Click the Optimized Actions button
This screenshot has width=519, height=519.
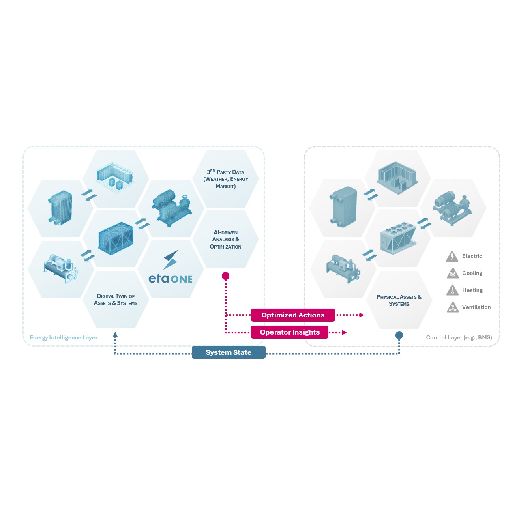coord(293,315)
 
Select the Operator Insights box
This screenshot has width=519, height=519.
coord(290,332)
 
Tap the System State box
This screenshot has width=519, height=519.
coord(228,352)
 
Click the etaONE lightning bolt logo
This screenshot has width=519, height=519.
coord(171,260)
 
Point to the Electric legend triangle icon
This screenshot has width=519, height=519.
coord(452,257)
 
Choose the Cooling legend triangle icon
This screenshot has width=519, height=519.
coord(453,274)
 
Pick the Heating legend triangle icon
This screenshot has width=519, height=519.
coord(453,291)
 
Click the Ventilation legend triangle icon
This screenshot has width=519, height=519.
coord(453,308)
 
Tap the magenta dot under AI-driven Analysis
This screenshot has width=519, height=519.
coord(226,276)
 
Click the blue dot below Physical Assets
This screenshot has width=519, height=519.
coord(399,335)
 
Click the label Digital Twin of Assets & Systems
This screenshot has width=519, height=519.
coord(116,300)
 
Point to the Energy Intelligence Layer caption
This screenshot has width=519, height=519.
coord(64,337)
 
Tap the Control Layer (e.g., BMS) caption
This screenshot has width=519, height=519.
coord(459,337)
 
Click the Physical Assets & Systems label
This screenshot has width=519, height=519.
coord(399,300)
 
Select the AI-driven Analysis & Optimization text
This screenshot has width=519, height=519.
coord(226,240)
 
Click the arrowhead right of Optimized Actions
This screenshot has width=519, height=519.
coord(362,315)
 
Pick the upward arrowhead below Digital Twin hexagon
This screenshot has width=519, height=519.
coord(115,335)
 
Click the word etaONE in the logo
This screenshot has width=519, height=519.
coord(170,279)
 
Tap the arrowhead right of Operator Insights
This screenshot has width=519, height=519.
coord(344,332)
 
